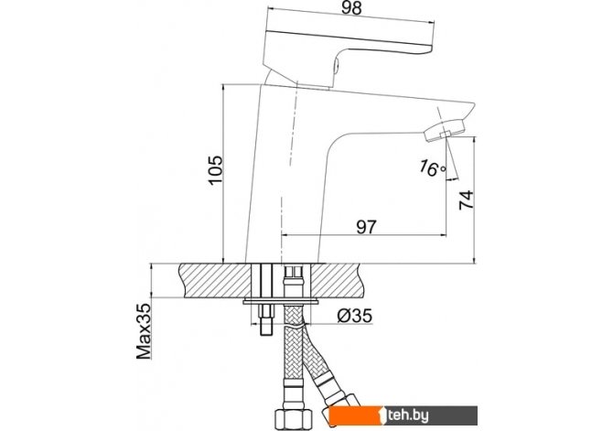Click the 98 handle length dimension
pyautogui.click(x=351, y=8)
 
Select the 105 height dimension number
pyautogui.click(x=215, y=170)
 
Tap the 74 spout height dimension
pyautogui.click(x=466, y=200)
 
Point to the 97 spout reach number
pyautogui.click(x=366, y=227)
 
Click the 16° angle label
pyautogui.click(x=432, y=168)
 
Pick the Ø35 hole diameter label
pyautogui.click(x=354, y=316)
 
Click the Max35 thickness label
pyautogui.click(x=143, y=331)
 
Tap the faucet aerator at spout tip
pyautogui.click(x=445, y=131)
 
